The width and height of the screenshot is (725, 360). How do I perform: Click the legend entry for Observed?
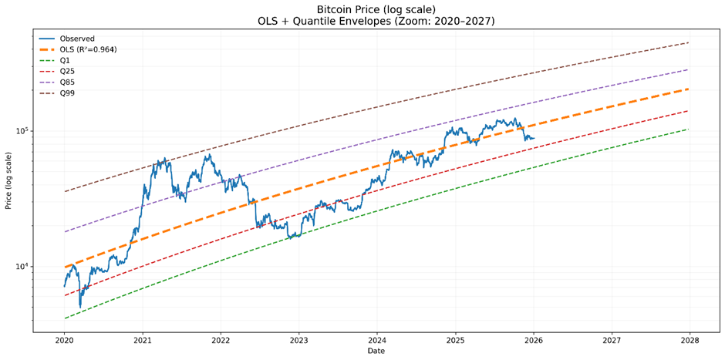pyautogui.click(x=76, y=39)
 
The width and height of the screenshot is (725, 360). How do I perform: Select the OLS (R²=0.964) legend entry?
pyautogui.click(x=88, y=49)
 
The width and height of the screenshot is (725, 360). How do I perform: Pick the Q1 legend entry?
pyautogui.click(x=66, y=60)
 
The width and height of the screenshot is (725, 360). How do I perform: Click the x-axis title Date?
pyautogui.click(x=376, y=352)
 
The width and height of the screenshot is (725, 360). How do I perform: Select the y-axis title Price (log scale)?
pyautogui.click(x=8, y=181)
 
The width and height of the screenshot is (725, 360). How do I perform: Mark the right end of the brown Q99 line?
pyautogui.click(x=690, y=42)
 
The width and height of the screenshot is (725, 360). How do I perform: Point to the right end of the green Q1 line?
pyautogui.click(x=690, y=129)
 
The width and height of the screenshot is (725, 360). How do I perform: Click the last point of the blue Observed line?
pyautogui.click(x=534, y=139)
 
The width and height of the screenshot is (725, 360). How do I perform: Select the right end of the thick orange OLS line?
pyautogui.click(x=690, y=89)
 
